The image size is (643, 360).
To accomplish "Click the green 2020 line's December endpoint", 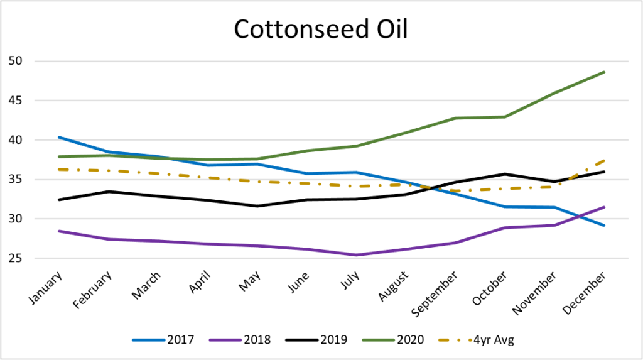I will click(x=604, y=72).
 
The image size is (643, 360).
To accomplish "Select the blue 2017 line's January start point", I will click(x=58, y=137).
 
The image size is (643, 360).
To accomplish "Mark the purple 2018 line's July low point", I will click(x=356, y=255).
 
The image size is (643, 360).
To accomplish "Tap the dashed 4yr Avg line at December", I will click(x=604, y=160).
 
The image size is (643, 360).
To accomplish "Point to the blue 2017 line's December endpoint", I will click(x=604, y=226).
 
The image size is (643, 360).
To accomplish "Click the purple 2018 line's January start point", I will click(x=58, y=231).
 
